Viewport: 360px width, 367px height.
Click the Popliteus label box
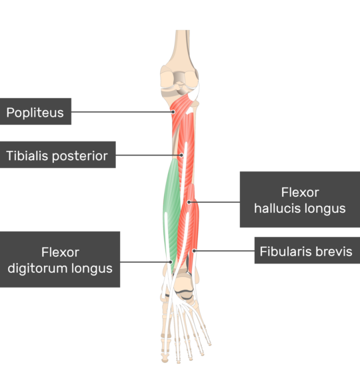tap(35, 111)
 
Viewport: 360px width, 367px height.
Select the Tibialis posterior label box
tap(58, 155)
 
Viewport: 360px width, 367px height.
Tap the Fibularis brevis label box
tap(307, 250)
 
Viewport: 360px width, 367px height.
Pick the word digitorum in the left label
tap(37, 268)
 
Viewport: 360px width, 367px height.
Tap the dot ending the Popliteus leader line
tap(173, 112)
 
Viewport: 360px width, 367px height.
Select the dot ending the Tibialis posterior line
tap(181, 155)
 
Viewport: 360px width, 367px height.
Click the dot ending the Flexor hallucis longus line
tap(189, 202)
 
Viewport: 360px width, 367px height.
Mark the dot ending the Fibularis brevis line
tap(194, 251)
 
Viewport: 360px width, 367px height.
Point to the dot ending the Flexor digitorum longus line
tap(171, 262)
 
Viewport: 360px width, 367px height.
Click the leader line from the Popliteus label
tap(122, 112)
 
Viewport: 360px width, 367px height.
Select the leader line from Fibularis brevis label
tap(224, 251)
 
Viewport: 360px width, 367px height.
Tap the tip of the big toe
tap(165, 360)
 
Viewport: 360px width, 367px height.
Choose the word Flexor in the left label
tap(61, 252)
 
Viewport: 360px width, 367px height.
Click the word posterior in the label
tap(80, 156)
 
